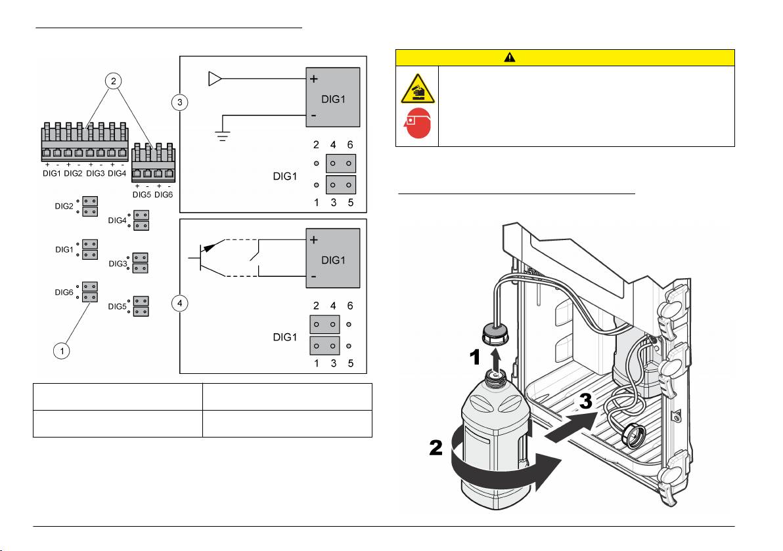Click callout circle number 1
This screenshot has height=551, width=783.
pos(61,351)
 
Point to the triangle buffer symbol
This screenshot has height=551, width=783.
pos(215,79)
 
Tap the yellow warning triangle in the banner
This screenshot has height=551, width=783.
pos(509,57)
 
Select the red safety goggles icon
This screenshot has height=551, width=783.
pos(416,126)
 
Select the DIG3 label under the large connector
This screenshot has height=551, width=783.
pos(95,173)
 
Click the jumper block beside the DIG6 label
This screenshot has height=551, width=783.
pos(90,292)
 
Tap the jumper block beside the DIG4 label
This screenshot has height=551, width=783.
pos(141,220)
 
